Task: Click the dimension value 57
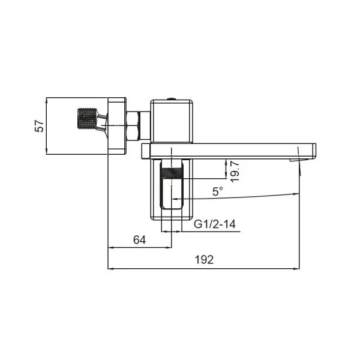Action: click(39, 126)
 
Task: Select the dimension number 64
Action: click(139, 239)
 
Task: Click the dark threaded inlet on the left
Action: click(88, 118)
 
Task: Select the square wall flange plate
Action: click(117, 125)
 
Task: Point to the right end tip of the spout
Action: click(315, 150)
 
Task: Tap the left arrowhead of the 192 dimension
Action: click(110, 268)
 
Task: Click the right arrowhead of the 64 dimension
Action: click(170, 247)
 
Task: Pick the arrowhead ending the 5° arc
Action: click(296, 193)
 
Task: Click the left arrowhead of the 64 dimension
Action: click(110, 247)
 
